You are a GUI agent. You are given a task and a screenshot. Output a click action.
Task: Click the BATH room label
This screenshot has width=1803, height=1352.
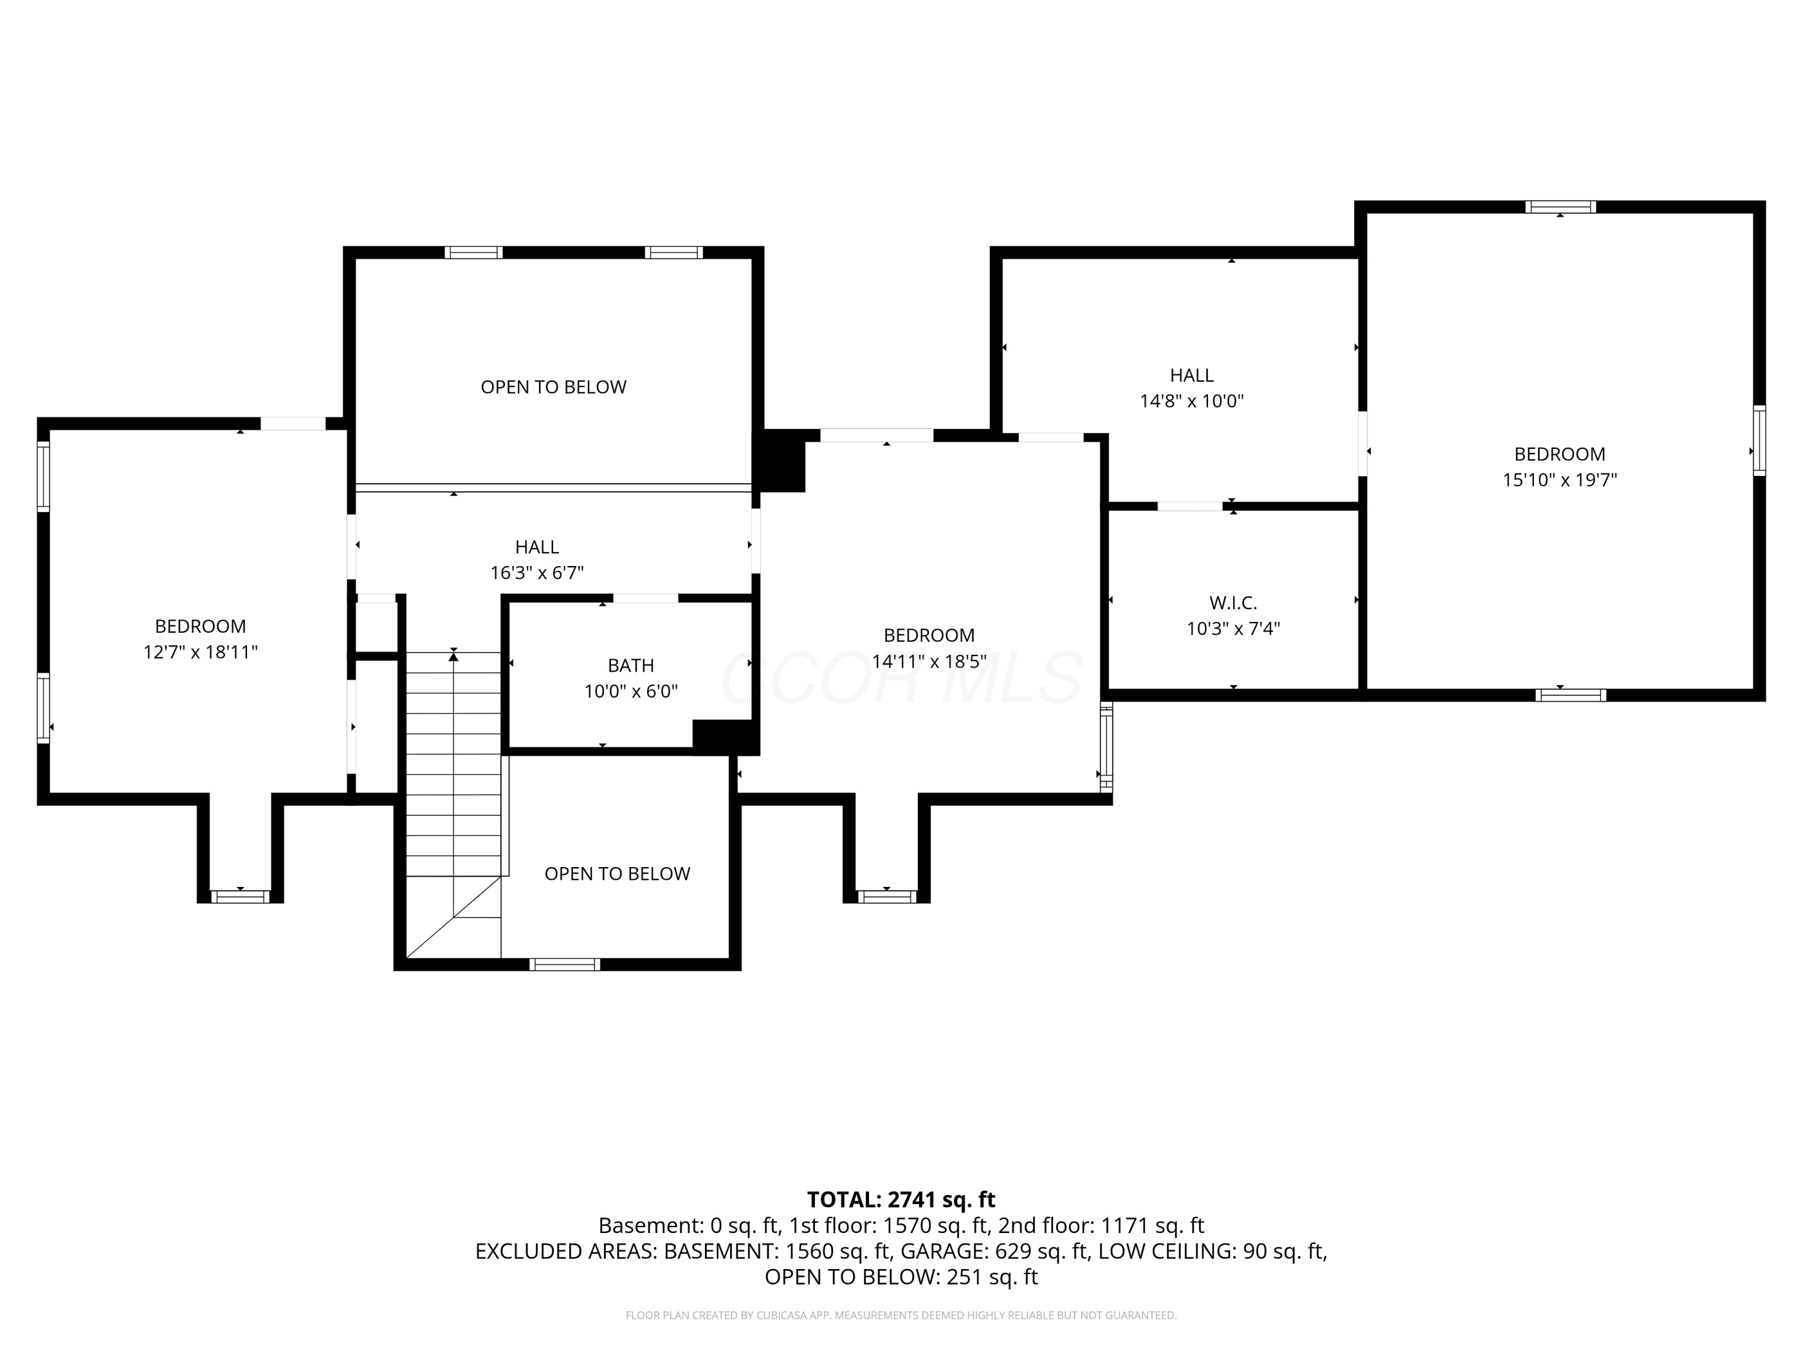coord(631,665)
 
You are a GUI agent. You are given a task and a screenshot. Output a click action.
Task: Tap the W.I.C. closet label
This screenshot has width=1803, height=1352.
coord(1233,603)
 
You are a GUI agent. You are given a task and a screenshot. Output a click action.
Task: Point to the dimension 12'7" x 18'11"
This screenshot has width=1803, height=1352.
coord(201,652)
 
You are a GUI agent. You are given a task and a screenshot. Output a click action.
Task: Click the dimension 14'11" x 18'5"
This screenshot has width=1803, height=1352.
coord(929,661)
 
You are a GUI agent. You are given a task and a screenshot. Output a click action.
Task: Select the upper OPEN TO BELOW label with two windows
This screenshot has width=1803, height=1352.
coord(554,387)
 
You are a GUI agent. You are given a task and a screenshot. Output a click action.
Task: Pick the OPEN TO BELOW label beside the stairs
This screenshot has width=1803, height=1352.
coord(617,874)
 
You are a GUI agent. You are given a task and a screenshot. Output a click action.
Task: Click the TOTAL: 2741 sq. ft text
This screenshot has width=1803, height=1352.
coord(901,1199)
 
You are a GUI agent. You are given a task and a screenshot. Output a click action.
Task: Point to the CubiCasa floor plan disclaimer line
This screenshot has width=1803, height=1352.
coord(901,1315)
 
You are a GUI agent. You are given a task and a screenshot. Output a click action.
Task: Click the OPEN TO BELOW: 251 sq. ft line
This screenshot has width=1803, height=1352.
coord(901,1277)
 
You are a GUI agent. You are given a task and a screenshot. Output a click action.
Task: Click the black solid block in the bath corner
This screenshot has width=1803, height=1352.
coord(725,737)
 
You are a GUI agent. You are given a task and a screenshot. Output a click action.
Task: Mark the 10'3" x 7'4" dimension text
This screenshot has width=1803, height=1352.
coord(1233,629)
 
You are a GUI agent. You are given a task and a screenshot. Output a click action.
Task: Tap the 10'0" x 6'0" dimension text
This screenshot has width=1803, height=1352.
coord(631,691)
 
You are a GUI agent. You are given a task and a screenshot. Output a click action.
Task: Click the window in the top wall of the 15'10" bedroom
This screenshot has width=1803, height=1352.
coord(1561,206)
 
